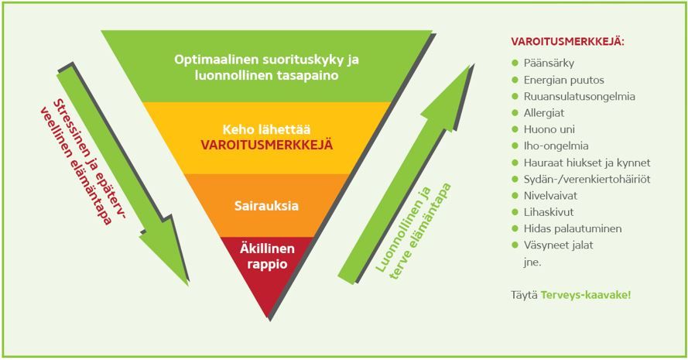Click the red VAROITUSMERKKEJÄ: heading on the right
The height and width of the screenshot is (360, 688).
(567, 42)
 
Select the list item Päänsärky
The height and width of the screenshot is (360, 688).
(549, 63)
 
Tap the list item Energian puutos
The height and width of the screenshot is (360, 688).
(564, 80)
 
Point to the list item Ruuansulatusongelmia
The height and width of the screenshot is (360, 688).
(579, 97)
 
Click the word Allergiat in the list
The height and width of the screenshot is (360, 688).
(543, 113)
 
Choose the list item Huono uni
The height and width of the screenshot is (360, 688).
(549, 129)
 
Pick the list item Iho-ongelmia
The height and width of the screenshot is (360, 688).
(556, 146)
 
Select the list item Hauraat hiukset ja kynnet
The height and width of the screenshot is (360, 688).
(587, 163)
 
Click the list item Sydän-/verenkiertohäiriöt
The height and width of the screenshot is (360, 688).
(587, 179)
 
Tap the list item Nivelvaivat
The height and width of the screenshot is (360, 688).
(550, 195)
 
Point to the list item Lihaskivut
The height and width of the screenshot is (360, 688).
(549, 212)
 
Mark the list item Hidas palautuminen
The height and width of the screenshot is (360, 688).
(572, 228)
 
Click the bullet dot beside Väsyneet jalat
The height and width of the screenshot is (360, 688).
(515, 245)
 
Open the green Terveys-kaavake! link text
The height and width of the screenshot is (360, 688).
(585, 295)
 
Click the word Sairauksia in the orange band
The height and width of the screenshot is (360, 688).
(266, 205)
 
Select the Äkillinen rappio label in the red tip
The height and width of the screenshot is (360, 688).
(267, 256)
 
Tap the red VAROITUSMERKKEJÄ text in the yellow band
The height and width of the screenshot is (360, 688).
(267, 145)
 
